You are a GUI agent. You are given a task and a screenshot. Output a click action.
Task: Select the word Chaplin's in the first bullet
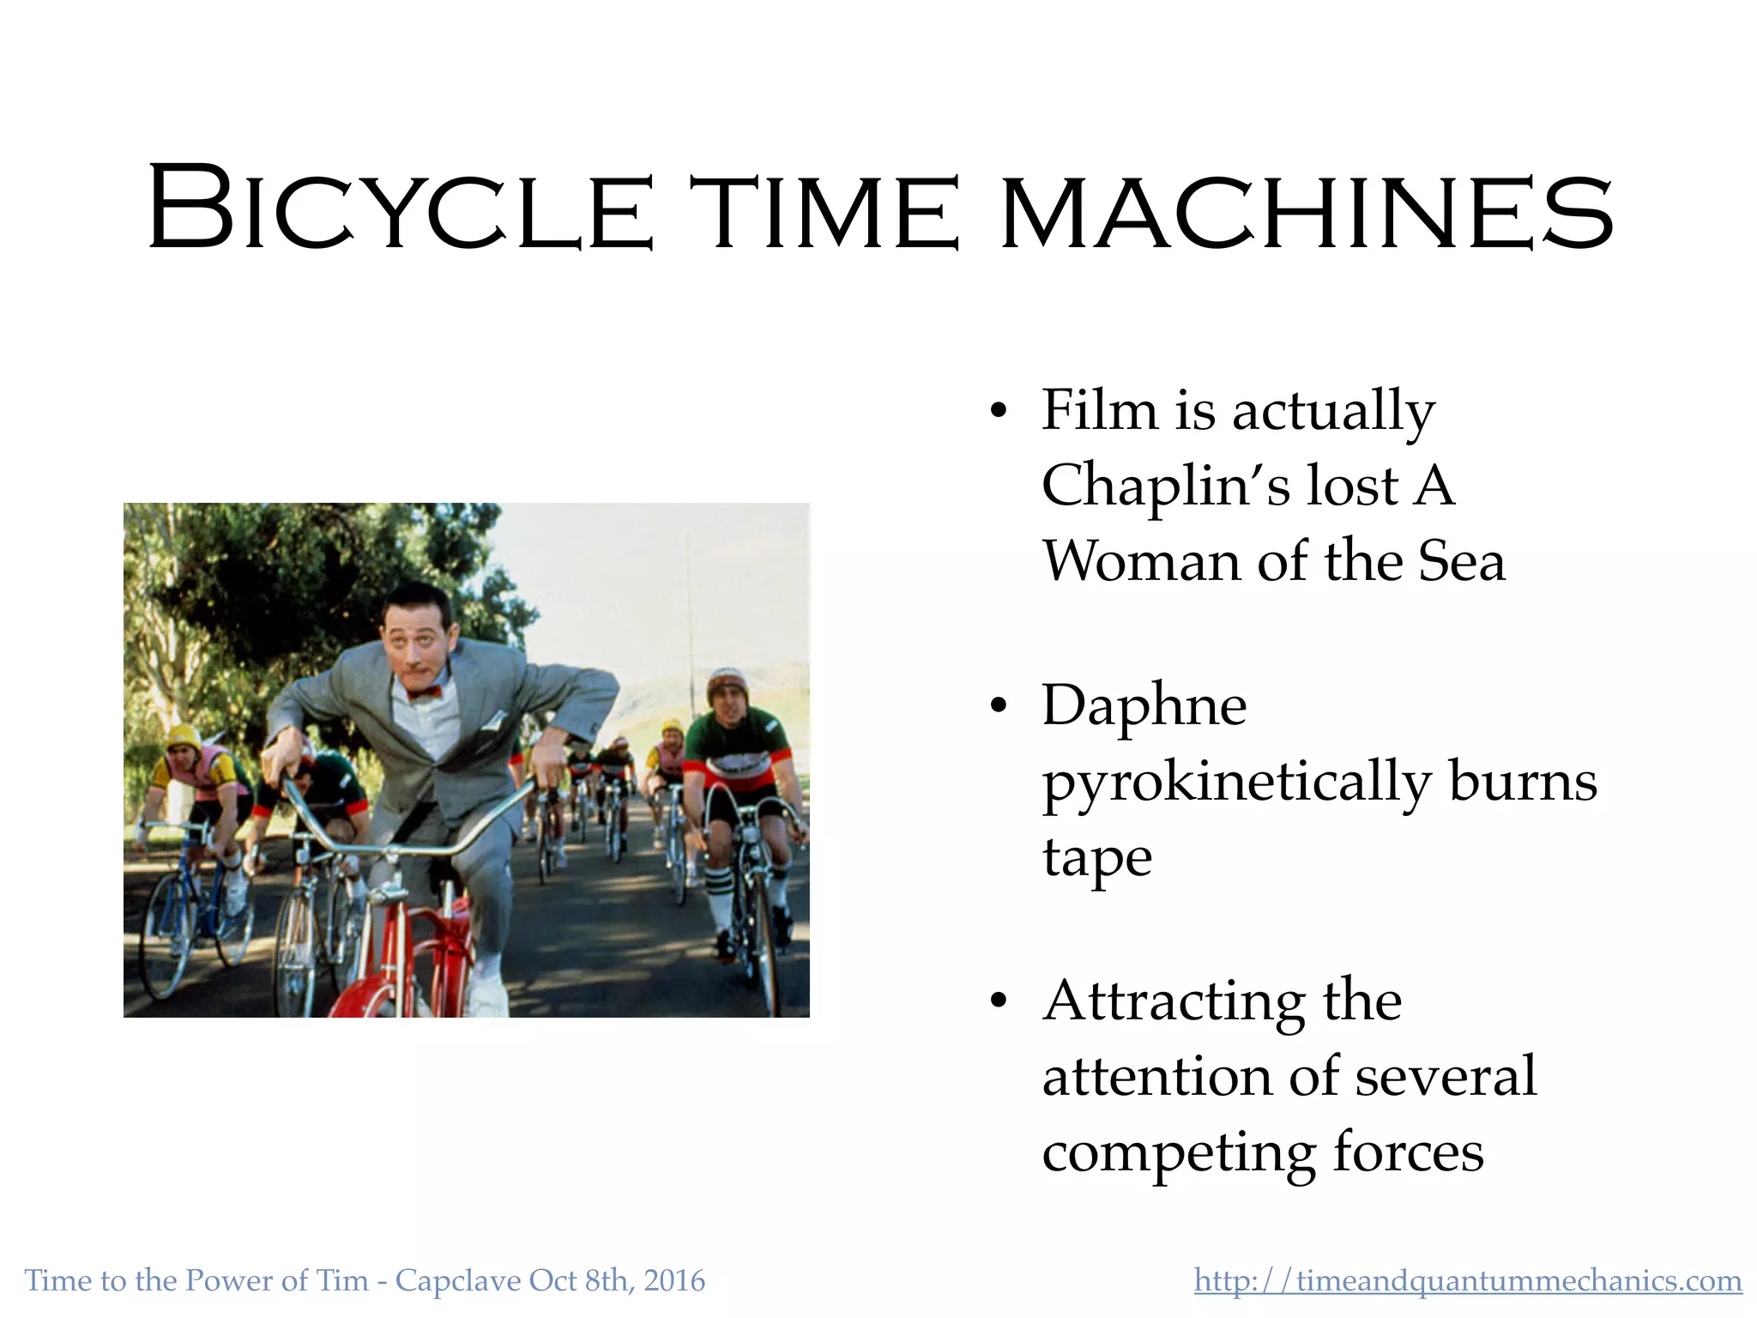(1166, 485)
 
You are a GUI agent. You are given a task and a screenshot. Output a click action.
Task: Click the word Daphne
(1144, 705)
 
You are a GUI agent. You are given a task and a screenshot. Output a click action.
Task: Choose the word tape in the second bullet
(1096, 858)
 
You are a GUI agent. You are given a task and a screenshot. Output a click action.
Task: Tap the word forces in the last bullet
(1408, 1152)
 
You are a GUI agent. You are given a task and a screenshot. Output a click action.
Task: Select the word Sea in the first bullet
(1461, 561)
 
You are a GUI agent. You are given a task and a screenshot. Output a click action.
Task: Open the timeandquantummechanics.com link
(1468, 1280)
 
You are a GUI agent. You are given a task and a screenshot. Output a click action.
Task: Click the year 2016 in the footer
(674, 1280)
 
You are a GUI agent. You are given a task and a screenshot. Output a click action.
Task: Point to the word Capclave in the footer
(457, 1280)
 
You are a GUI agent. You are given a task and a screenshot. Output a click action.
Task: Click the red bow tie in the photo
(424, 692)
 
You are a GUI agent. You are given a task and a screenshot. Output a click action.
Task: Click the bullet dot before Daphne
(997, 706)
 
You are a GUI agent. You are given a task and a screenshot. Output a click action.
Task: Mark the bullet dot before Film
(997, 410)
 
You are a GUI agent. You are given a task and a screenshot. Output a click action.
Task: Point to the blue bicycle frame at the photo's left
(193, 892)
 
